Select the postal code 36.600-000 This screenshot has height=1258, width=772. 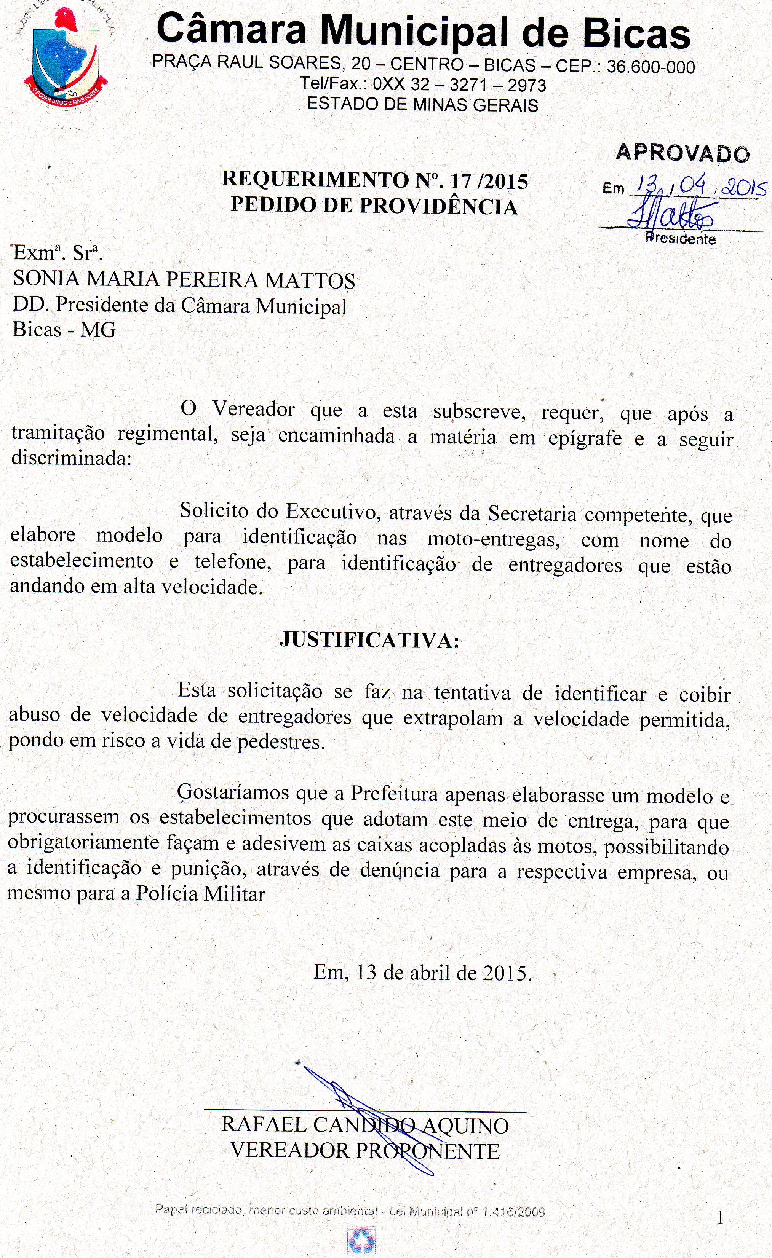(651, 67)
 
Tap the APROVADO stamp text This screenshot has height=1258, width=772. (682, 153)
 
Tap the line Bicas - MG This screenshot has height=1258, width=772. (64, 329)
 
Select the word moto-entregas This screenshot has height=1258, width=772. (494, 539)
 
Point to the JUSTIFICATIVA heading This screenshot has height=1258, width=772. (369, 640)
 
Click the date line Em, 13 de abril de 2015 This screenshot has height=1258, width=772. (422, 973)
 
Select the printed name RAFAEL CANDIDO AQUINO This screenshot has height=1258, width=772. (365, 1125)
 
